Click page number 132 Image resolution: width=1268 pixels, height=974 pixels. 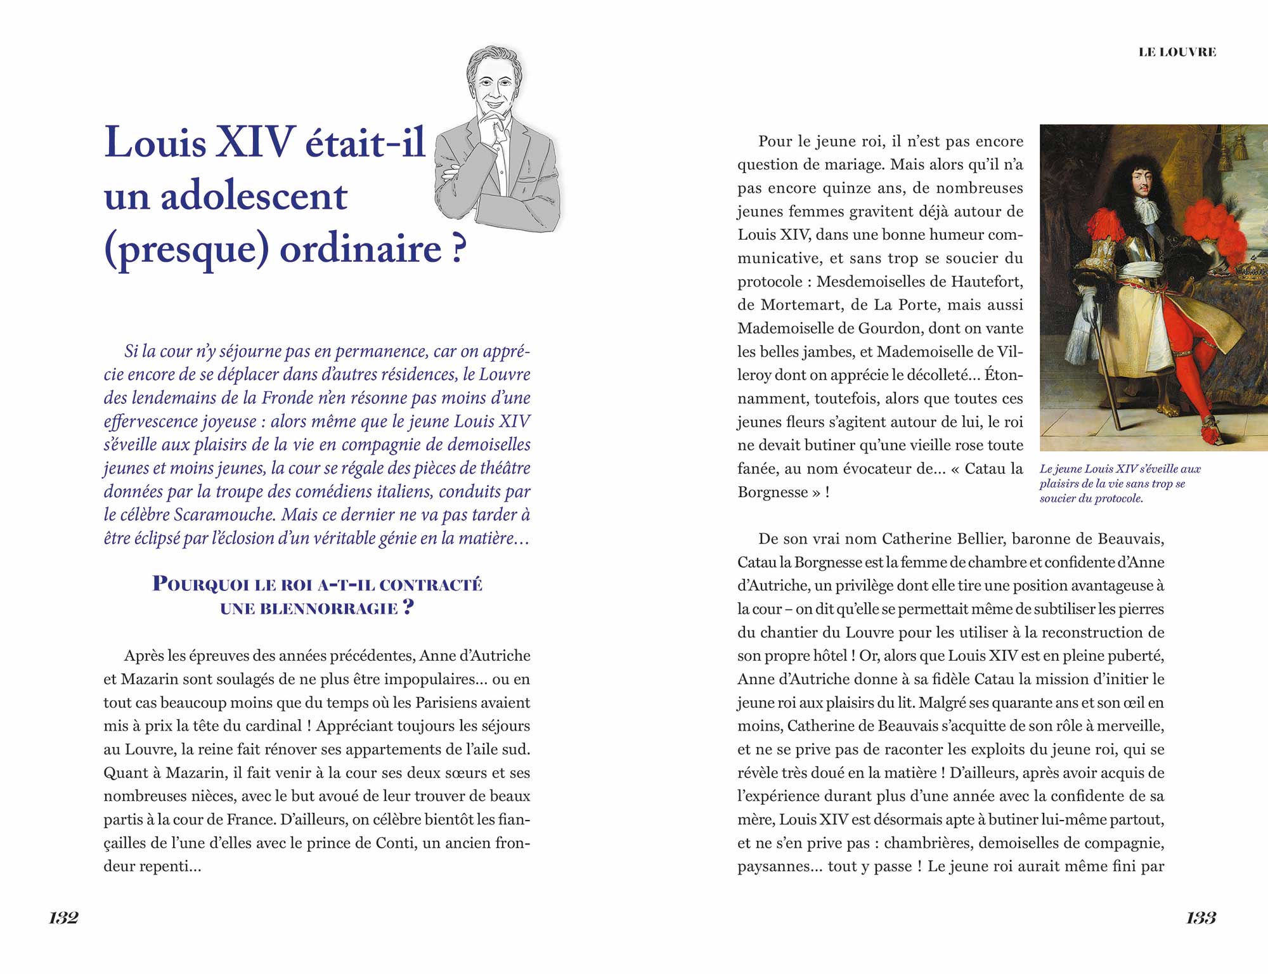coord(63,918)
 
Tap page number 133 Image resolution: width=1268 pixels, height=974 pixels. coord(1201,918)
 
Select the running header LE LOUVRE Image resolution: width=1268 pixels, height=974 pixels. coord(1177,53)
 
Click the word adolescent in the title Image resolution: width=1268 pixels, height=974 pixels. coord(254,197)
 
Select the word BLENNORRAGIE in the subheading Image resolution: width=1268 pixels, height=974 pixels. coord(309,609)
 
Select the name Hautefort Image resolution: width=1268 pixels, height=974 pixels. coord(987,282)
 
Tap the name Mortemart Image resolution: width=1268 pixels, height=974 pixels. coord(801,305)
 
